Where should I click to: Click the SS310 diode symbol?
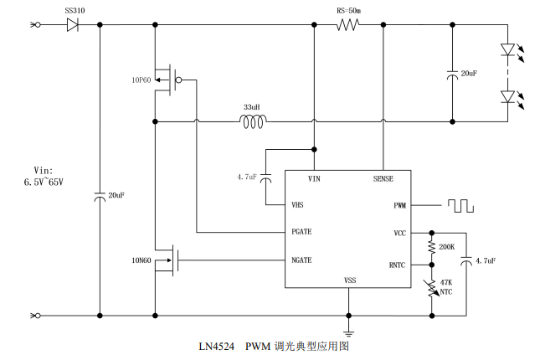click(x=72, y=24)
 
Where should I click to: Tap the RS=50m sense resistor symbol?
click(x=348, y=24)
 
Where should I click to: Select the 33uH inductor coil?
click(x=253, y=121)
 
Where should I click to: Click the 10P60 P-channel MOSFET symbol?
click(x=168, y=80)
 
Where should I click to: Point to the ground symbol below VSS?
click(x=348, y=333)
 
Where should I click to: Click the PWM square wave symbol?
click(x=460, y=206)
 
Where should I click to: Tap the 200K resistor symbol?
click(x=432, y=247)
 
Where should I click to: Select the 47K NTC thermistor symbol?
click(x=432, y=288)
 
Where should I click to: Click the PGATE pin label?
click(x=301, y=232)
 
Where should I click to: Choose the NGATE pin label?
click(x=301, y=260)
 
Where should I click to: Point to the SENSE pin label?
click(x=383, y=178)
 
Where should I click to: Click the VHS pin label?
click(x=297, y=205)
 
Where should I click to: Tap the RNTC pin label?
click(x=397, y=265)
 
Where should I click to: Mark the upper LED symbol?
click(x=508, y=49)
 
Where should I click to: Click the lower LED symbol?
click(x=508, y=96)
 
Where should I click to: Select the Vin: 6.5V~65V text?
click(x=44, y=176)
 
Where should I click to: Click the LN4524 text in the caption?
click(x=217, y=347)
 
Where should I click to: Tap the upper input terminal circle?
click(x=38, y=24)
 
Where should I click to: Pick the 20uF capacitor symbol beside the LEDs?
click(x=453, y=74)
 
